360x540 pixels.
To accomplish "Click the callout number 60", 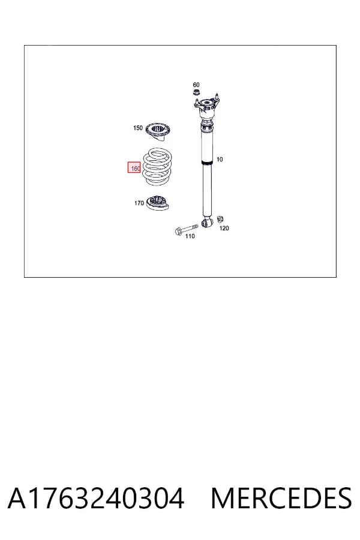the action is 196,85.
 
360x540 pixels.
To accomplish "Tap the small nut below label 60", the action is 196,92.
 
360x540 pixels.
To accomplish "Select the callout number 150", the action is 138,128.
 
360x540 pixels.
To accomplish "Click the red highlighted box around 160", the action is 134,168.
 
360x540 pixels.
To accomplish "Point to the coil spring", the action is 157,166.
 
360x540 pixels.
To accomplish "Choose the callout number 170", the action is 139,203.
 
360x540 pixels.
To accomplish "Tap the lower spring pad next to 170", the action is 158,203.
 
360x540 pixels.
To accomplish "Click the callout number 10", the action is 220,160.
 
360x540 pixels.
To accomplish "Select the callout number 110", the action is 190,236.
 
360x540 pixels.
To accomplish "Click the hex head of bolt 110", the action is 178,231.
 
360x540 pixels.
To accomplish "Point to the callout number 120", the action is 224,228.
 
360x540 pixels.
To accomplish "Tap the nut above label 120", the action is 221,218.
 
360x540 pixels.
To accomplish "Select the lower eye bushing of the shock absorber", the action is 206,223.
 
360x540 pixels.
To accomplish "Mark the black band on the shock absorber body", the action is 207,163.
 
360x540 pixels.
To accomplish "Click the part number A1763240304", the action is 96,498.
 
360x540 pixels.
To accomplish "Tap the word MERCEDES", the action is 281,498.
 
